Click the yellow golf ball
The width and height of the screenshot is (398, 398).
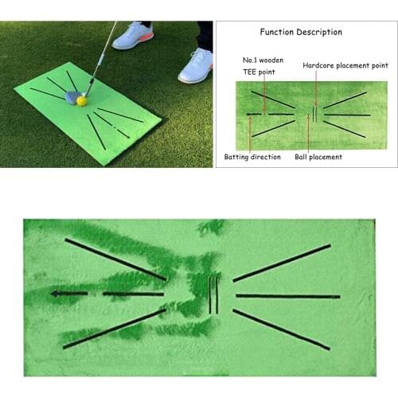pos(81,101)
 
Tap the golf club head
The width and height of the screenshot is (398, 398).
pos(72,97)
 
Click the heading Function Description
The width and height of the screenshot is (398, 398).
pos(301,33)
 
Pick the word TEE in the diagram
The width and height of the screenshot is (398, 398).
pos(252,71)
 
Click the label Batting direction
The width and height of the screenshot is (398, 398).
pos(252,157)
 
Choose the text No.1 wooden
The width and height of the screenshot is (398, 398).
pos(263,60)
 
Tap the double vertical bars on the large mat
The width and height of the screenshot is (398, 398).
pos(213,295)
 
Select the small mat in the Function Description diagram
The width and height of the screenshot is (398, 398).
pos(311,115)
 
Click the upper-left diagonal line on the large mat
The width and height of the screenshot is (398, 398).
pos(116,259)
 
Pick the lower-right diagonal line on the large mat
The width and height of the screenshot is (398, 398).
pos(282,329)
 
